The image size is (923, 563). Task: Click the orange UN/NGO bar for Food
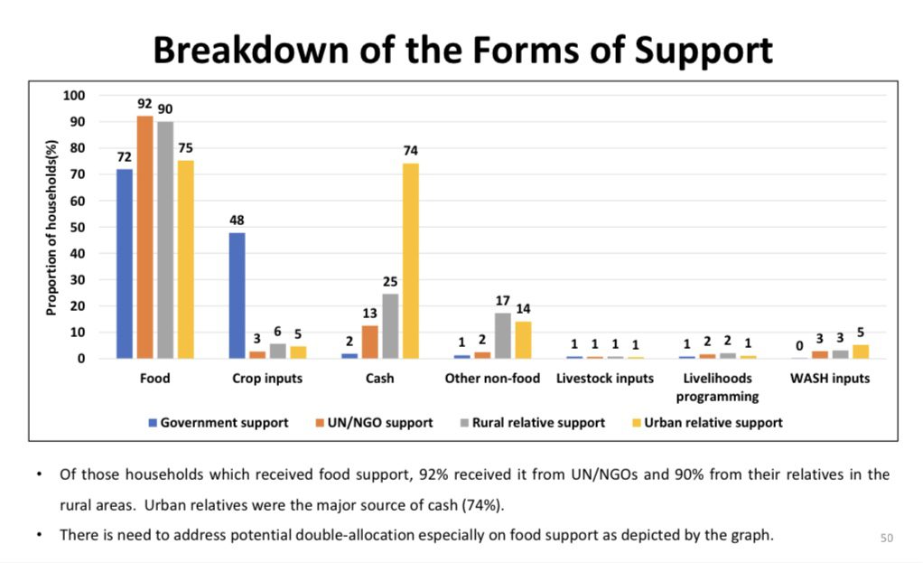coord(145,238)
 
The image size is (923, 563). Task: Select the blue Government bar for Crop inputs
coord(237,296)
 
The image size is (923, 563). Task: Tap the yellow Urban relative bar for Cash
coord(410,261)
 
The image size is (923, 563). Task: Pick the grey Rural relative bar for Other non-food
coord(503,335)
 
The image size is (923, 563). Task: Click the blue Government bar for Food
coord(125,264)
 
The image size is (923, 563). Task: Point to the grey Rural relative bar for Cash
coord(390,326)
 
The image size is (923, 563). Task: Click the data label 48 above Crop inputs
coord(237,221)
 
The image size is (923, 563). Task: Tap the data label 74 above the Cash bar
coord(410,151)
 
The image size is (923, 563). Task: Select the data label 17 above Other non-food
coord(503,301)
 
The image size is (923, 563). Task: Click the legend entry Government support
coord(219,423)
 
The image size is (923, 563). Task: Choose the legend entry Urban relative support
coord(707,423)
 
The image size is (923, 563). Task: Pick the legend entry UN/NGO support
coord(375,423)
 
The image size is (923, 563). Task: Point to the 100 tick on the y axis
coord(74,96)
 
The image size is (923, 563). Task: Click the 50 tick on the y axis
coord(78,228)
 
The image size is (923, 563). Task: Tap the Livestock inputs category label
coord(605,379)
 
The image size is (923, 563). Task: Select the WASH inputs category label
coord(830,379)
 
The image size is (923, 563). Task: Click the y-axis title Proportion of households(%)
coord(51,228)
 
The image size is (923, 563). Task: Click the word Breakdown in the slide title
coord(251,50)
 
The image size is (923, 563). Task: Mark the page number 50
coord(887,538)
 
